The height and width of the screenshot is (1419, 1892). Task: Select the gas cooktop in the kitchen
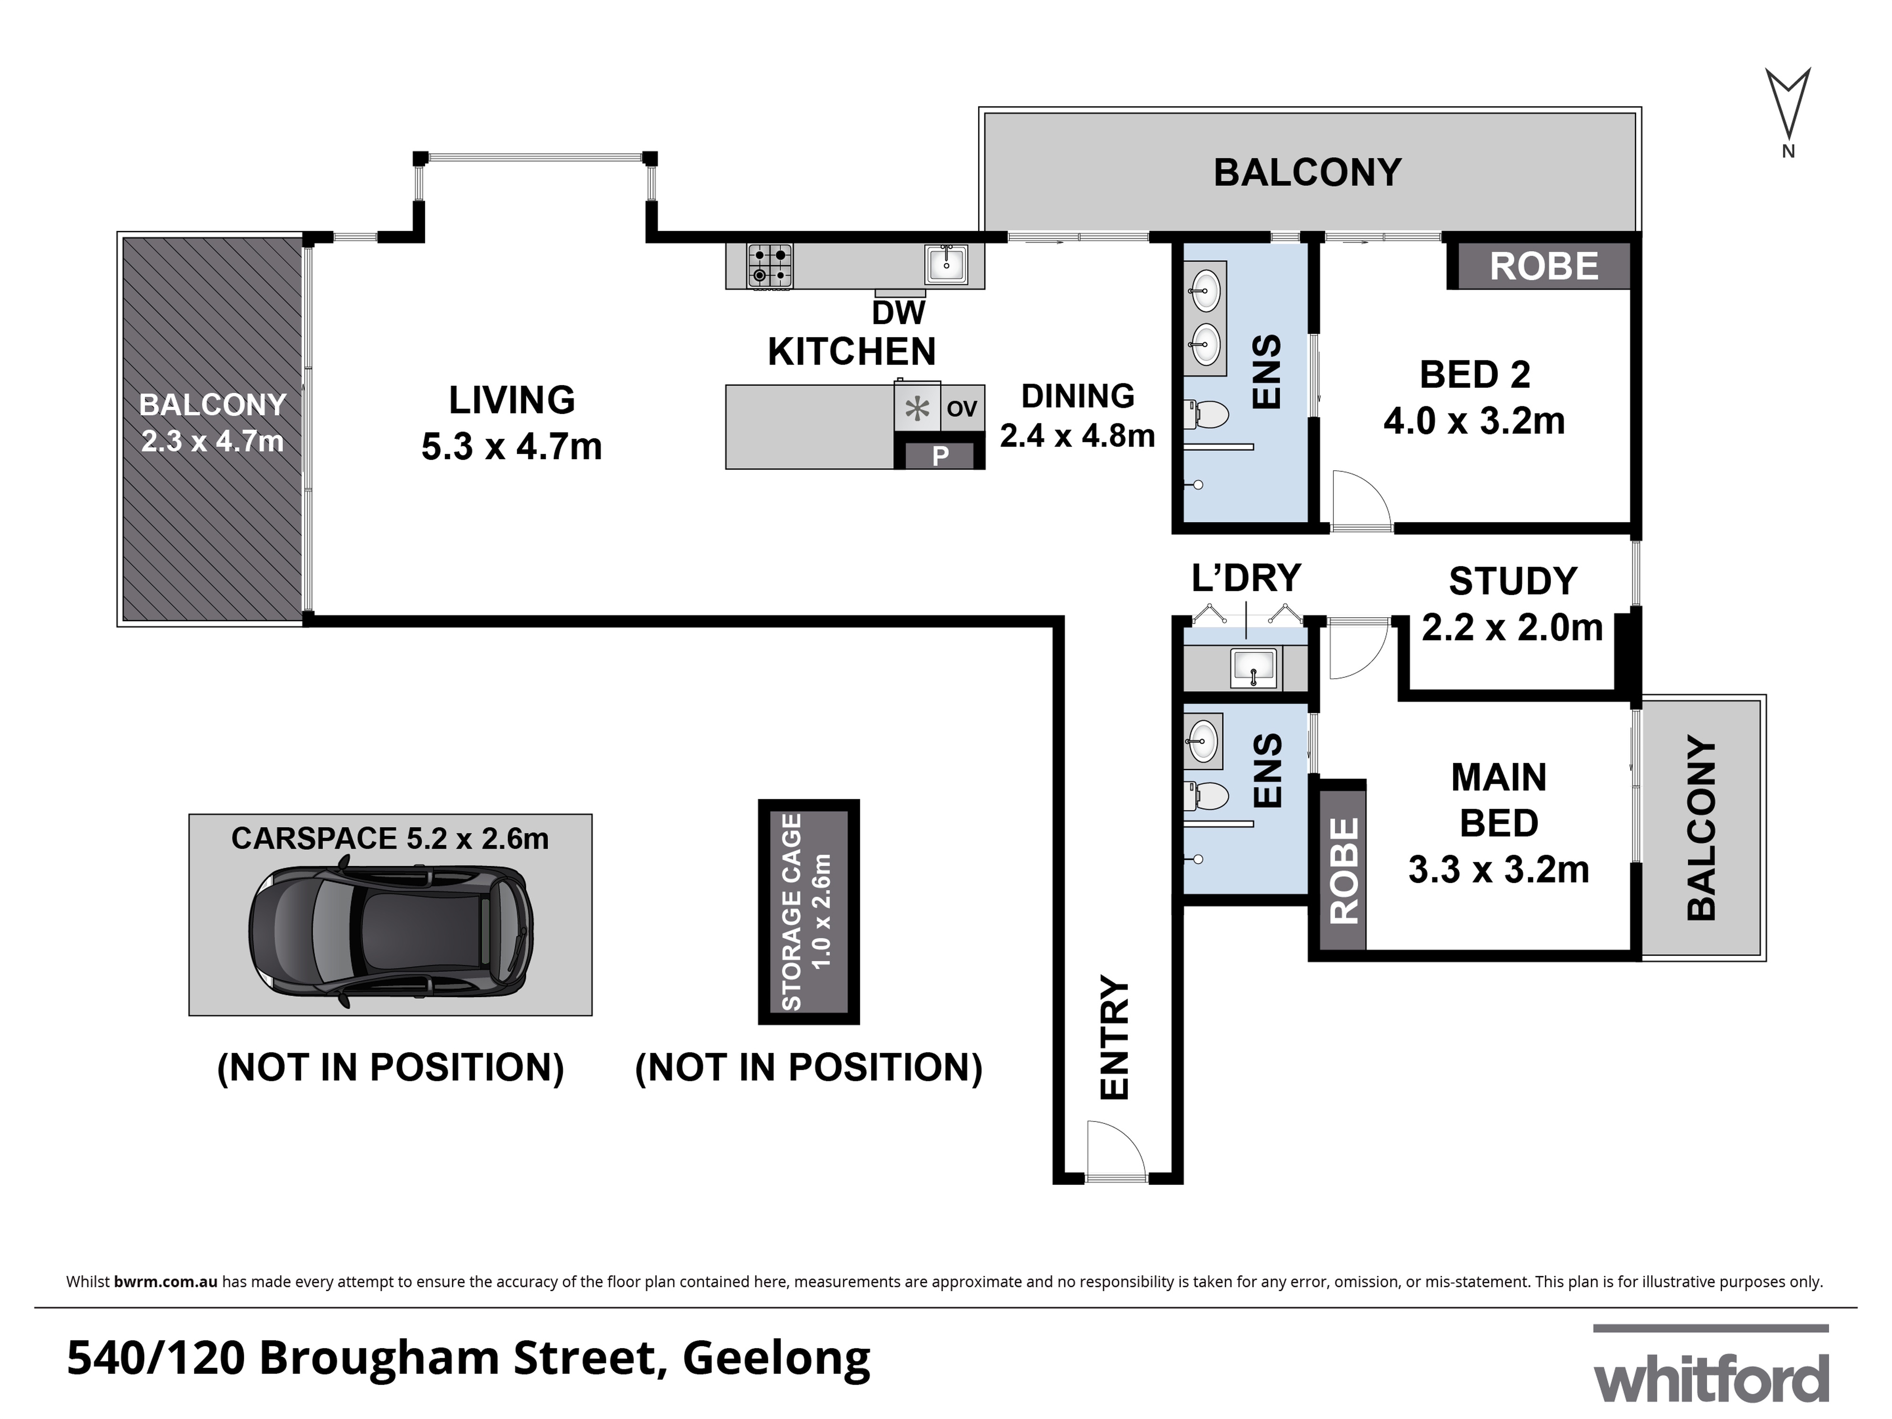(x=770, y=265)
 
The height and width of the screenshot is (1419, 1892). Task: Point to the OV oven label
(x=962, y=409)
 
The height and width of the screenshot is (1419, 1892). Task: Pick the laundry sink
(x=1254, y=667)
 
